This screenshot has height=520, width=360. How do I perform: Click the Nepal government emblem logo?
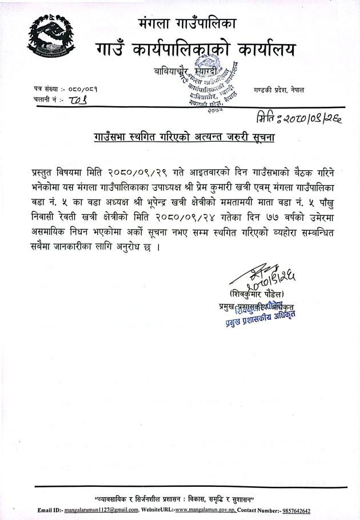point(50,45)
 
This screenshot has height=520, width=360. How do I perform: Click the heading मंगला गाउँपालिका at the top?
point(187,24)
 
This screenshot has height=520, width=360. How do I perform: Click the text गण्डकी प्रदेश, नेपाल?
point(279,90)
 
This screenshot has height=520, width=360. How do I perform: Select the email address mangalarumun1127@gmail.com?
point(101,509)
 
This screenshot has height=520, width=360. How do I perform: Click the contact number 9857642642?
point(295,509)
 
